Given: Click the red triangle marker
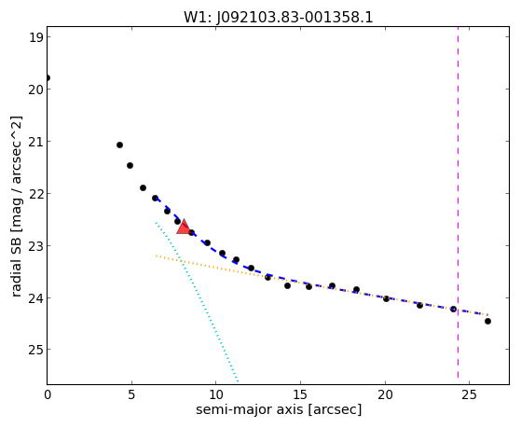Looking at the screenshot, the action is [184, 227].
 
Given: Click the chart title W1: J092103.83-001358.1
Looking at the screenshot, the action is [279, 17].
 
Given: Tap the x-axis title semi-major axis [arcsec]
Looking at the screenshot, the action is [279, 409].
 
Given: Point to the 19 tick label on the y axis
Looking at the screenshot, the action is [35, 37].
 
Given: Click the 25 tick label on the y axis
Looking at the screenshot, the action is [35, 350].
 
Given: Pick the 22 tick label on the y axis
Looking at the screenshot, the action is [35, 194].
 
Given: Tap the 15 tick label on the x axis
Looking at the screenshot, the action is [300, 394].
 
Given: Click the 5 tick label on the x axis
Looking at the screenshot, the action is [132, 394].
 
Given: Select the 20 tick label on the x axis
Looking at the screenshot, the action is [385, 394].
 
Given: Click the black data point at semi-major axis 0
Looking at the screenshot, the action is [48, 77].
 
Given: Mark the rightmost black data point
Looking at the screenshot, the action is [487, 322].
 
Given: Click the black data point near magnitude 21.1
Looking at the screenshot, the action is [119, 145].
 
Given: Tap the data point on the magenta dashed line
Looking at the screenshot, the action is [453, 309].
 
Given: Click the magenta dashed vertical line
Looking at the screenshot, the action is [459, 202].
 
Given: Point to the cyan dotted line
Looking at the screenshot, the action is [197, 301].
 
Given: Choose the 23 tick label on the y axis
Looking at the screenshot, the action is [35, 246].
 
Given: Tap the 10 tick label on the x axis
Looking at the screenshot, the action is [215, 394].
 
